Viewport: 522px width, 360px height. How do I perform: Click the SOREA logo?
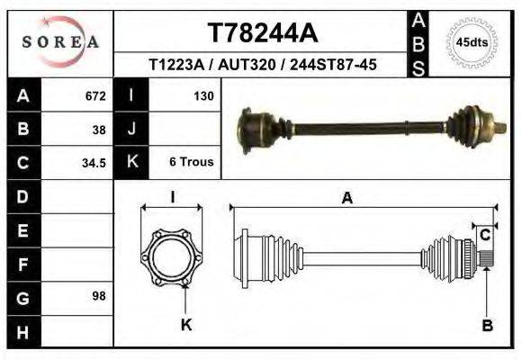tap(60, 41)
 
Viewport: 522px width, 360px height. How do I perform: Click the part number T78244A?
tap(262, 33)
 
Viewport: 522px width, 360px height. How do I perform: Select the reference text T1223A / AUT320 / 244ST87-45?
tap(262, 65)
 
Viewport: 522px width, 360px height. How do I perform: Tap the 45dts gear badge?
tap(472, 42)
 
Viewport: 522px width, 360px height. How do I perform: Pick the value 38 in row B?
tap(99, 129)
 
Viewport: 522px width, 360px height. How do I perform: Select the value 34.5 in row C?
tap(94, 163)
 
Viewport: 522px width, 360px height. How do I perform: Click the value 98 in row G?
tap(99, 296)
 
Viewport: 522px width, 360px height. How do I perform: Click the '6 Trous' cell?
tap(191, 163)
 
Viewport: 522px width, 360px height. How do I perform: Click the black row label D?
tap(22, 196)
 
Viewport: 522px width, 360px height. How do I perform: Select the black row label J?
tap(131, 129)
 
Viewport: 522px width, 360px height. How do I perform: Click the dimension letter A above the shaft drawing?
tap(346, 199)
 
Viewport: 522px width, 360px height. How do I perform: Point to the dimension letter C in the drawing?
tap(484, 236)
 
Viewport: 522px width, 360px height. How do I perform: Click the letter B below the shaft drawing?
tap(487, 326)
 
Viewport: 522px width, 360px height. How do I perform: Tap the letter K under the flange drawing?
tap(186, 325)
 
